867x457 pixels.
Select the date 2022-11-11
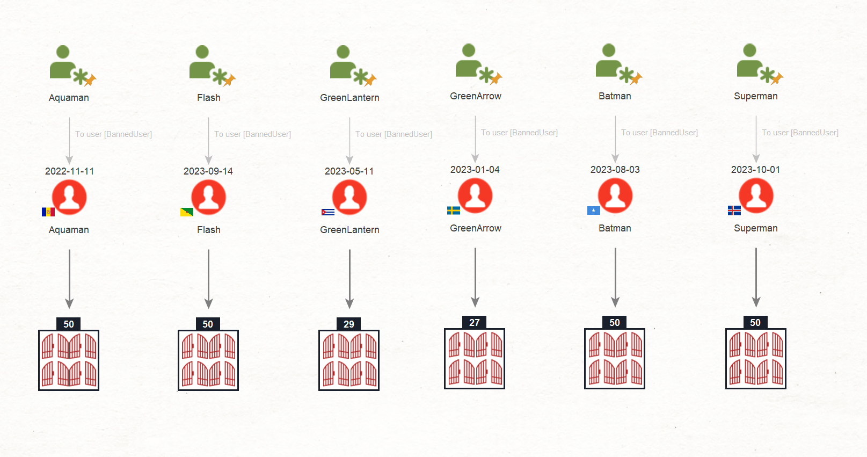click(70, 171)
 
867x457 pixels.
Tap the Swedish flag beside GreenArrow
click(453, 211)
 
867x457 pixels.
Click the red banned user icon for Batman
click(615, 195)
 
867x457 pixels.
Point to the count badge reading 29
click(349, 324)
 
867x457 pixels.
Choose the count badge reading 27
click(474, 322)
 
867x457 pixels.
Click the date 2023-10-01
click(755, 170)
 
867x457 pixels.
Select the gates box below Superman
click(755, 359)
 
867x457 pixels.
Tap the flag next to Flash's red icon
click(187, 212)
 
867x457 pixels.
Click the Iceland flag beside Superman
click(734, 211)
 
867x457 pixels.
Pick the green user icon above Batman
click(618, 64)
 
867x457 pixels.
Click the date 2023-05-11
click(349, 171)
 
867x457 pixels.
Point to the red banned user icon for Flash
click(209, 197)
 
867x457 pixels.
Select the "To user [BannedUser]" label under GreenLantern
click(394, 134)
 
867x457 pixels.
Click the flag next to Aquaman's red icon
click(48, 212)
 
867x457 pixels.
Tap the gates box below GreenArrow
click(475, 359)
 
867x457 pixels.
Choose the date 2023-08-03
click(615, 170)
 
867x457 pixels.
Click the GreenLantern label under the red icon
click(349, 230)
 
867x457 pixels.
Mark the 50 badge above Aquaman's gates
click(69, 324)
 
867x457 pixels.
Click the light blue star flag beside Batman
click(593, 211)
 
